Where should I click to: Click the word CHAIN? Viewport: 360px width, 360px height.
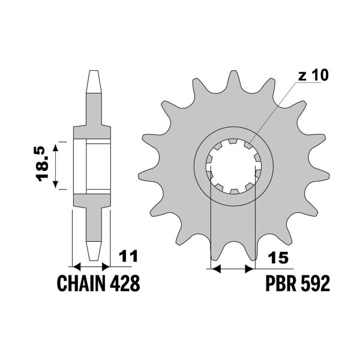(x=80, y=283)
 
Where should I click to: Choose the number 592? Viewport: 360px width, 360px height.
(x=316, y=283)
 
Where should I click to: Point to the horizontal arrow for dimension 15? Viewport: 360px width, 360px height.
(x=233, y=268)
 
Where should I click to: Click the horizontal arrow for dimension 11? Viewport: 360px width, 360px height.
(x=92, y=266)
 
